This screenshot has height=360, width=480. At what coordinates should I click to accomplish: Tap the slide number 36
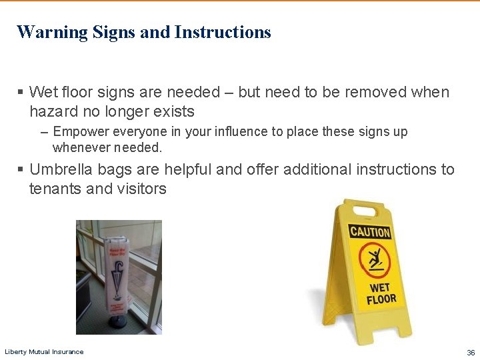coord(471,352)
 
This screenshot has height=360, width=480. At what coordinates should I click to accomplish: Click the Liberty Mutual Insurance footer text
coord(44,352)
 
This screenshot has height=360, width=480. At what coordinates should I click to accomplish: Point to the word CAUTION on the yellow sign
coord(370,232)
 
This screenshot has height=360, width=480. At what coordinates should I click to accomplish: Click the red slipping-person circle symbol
coord(373,260)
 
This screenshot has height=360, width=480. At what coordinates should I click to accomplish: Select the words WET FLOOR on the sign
coord(381,294)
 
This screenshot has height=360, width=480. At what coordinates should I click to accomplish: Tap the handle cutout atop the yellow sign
coord(365,211)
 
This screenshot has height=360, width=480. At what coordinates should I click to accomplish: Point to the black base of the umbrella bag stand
coord(119,321)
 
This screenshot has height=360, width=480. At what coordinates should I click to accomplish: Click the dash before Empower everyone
coord(44,132)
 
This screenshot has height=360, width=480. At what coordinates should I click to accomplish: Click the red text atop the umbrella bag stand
coord(117,251)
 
